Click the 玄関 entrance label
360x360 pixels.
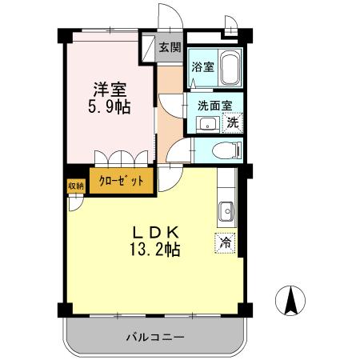[x=169, y=48]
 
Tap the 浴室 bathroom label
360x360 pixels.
[x=202, y=67]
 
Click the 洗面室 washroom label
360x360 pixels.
[x=214, y=105]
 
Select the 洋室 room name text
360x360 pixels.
[x=109, y=89]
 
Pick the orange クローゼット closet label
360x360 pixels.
[x=122, y=181]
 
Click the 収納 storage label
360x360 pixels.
[x=75, y=185]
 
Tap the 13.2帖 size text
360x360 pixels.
[x=156, y=249]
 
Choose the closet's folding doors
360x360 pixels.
[x=122, y=158]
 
